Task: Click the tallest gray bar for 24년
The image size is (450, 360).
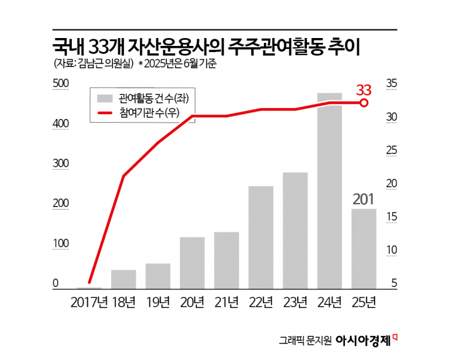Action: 330,191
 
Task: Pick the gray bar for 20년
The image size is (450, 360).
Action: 192,263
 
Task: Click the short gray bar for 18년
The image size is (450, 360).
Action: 123,279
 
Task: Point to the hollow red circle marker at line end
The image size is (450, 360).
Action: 364,103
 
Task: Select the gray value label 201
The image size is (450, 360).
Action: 364,199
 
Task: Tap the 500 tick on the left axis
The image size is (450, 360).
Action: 61,83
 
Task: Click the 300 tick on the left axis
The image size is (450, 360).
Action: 61,164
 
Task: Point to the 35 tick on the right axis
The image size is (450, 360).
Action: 391,83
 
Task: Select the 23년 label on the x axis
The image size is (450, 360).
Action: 295,301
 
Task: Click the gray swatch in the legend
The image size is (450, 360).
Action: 105,97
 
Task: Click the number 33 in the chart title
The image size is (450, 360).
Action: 100,47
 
